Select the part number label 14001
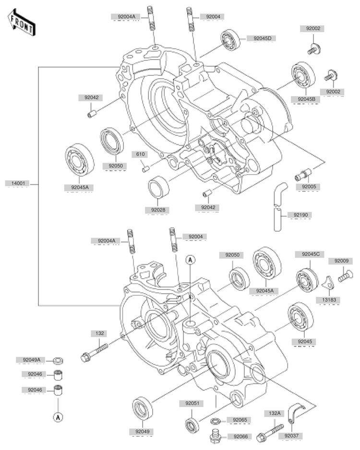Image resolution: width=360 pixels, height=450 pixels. click(x=18, y=183)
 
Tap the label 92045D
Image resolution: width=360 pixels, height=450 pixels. click(x=259, y=38)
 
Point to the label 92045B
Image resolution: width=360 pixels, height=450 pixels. click(x=306, y=99)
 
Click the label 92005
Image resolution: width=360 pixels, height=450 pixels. click(x=306, y=186)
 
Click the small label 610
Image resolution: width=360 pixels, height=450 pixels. click(x=140, y=154)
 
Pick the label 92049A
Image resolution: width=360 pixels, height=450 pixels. click(x=31, y=360)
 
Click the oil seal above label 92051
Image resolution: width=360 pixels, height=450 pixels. click(x=193, y=425)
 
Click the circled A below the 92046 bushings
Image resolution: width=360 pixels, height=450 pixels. click(x=58, y=417)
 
